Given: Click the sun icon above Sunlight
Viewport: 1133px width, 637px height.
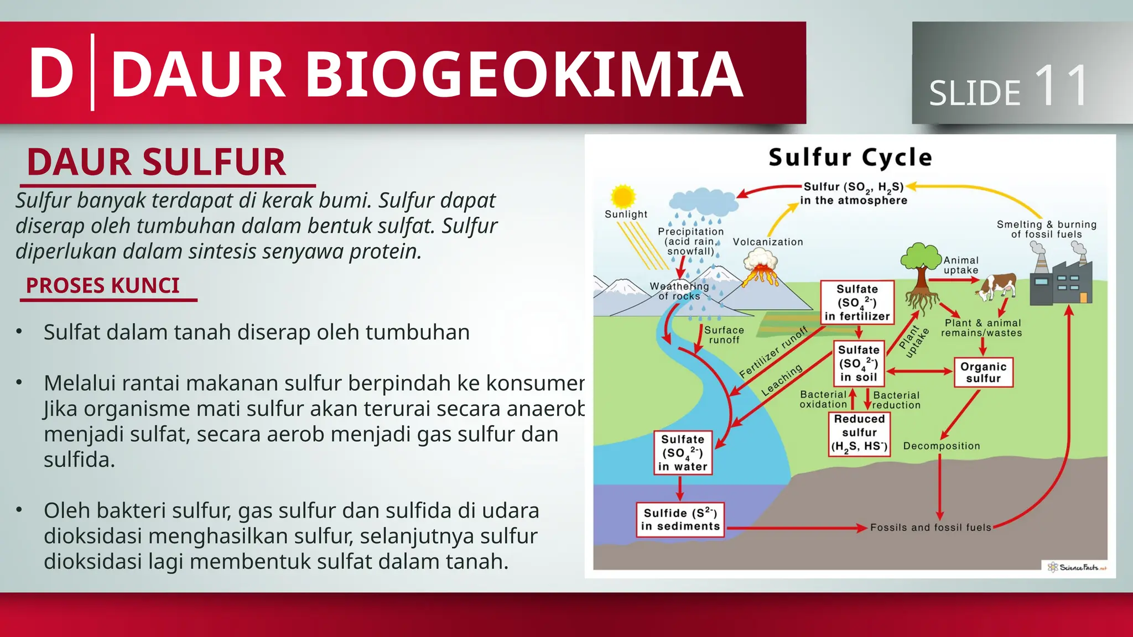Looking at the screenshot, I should point(623,196).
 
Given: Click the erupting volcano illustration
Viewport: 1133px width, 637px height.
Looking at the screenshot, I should point(761,268).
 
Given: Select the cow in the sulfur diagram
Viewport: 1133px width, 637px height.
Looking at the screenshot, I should point(997,286).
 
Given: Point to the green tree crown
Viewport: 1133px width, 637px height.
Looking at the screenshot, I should point(920,257).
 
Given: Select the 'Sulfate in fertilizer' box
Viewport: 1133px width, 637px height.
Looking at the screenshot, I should point(857,302).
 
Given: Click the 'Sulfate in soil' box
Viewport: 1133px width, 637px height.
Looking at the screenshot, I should point(859,363).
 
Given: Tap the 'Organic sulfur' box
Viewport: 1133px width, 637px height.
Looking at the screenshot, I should point(983,373).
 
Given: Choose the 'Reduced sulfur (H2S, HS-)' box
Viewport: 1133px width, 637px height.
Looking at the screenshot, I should point(859,433).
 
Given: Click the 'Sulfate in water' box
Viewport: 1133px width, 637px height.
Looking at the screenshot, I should point(683,453).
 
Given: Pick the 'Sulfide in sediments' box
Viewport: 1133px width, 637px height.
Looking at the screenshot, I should point(680,520).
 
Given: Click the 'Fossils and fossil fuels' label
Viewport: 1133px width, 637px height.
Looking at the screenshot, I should point(931,528).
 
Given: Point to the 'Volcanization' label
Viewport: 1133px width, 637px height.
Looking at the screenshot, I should point(768,242).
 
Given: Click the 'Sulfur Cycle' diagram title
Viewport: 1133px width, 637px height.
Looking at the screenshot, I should point(850,158).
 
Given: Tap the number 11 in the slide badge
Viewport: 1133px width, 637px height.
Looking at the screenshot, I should point(1062,86).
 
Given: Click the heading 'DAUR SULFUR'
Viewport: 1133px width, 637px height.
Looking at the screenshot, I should point(156,163).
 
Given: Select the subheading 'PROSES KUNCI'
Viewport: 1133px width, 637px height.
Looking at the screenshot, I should point(103,286).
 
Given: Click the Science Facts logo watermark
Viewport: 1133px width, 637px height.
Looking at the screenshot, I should point(1077,567).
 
